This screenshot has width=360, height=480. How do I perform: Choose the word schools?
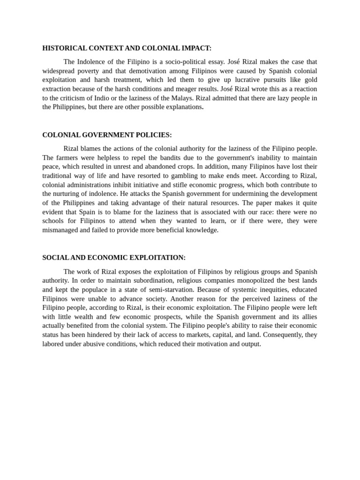[x=53, y=221]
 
